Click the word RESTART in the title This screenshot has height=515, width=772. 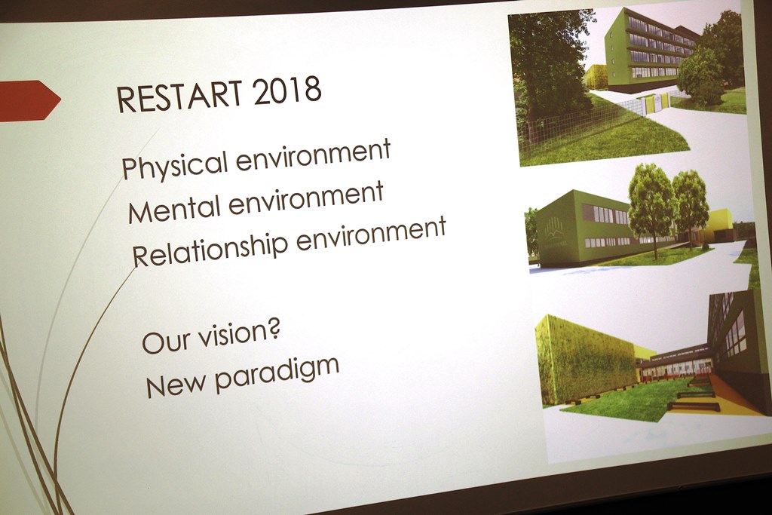(179, 96)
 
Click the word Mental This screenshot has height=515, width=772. (174, 207)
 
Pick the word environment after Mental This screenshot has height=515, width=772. (306, 196)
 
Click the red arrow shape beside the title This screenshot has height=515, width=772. (29, 100)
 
